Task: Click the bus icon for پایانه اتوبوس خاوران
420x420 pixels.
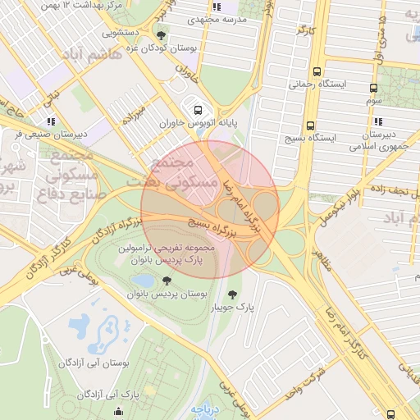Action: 197,109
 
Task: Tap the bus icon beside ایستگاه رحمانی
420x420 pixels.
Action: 317,71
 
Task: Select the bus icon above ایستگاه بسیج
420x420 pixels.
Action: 309,126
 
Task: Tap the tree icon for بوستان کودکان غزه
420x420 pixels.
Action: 161,35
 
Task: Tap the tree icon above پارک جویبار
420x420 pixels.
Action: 234,293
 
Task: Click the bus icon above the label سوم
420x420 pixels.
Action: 374,88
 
